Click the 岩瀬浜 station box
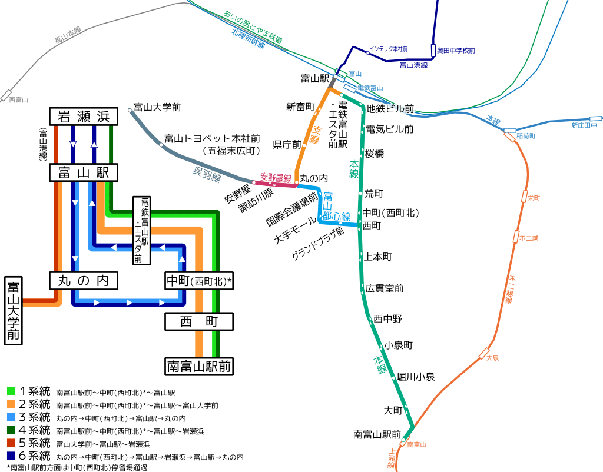(84, 117)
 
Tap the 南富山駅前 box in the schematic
(198, 366)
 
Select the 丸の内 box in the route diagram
(84, 281)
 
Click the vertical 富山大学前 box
(14, 311)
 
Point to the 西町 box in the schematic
(198, 321)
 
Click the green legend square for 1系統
(11, 391)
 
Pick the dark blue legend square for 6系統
(11, 456)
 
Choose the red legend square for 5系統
(11, 443)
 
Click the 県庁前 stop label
(287, 144)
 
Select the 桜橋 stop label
(375, 154)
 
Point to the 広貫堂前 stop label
(385, 288)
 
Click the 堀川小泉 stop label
(416, 377)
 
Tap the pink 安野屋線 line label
(276, 177)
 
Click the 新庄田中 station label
(584, 125)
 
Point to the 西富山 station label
(19, 100)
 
